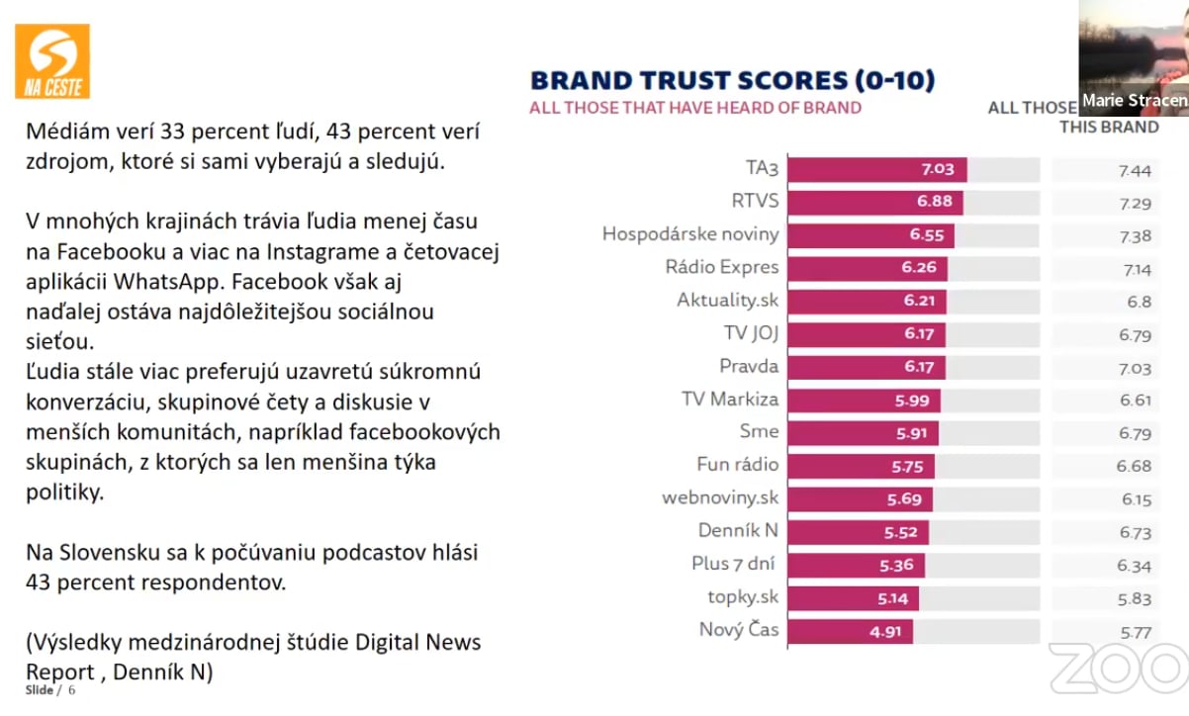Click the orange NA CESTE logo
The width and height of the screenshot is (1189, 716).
pyautogui.click(x=52, y=61)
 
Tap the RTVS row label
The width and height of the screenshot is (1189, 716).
pyautogui.click(x=755, y=201)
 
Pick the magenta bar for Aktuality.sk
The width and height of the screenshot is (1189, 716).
pyautogui.click(x=867, y=301)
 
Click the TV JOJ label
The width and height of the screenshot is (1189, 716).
pyautogui.click(x=751, y=333)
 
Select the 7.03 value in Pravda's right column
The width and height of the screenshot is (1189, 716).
pyautogui.click(x=1135, y=368)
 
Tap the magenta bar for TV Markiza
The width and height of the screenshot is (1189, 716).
pyautogui.click(x=864, y=400)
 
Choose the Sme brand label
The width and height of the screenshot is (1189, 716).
pyautogui.click(x=759, y=431)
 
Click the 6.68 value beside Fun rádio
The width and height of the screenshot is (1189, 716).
pyautogui.click(x=1135, y=466)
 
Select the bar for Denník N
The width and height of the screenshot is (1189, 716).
pyautogui.click(x=858, y=532)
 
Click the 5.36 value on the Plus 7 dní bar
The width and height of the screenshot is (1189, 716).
pyautogui.click(x=896, y=566)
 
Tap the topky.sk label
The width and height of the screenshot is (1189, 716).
pyautogui.click(x=743, y=596)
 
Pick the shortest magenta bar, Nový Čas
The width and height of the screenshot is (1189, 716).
pyautogui.click(x=850, y=631)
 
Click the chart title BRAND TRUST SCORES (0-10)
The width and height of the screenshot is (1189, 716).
pyautogui.click(x=733, y=80)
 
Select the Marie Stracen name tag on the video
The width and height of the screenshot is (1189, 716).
pyautogui.click(x=1134, y=100)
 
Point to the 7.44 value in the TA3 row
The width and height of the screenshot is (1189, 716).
pyautogui.click(x=1135, y=170)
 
